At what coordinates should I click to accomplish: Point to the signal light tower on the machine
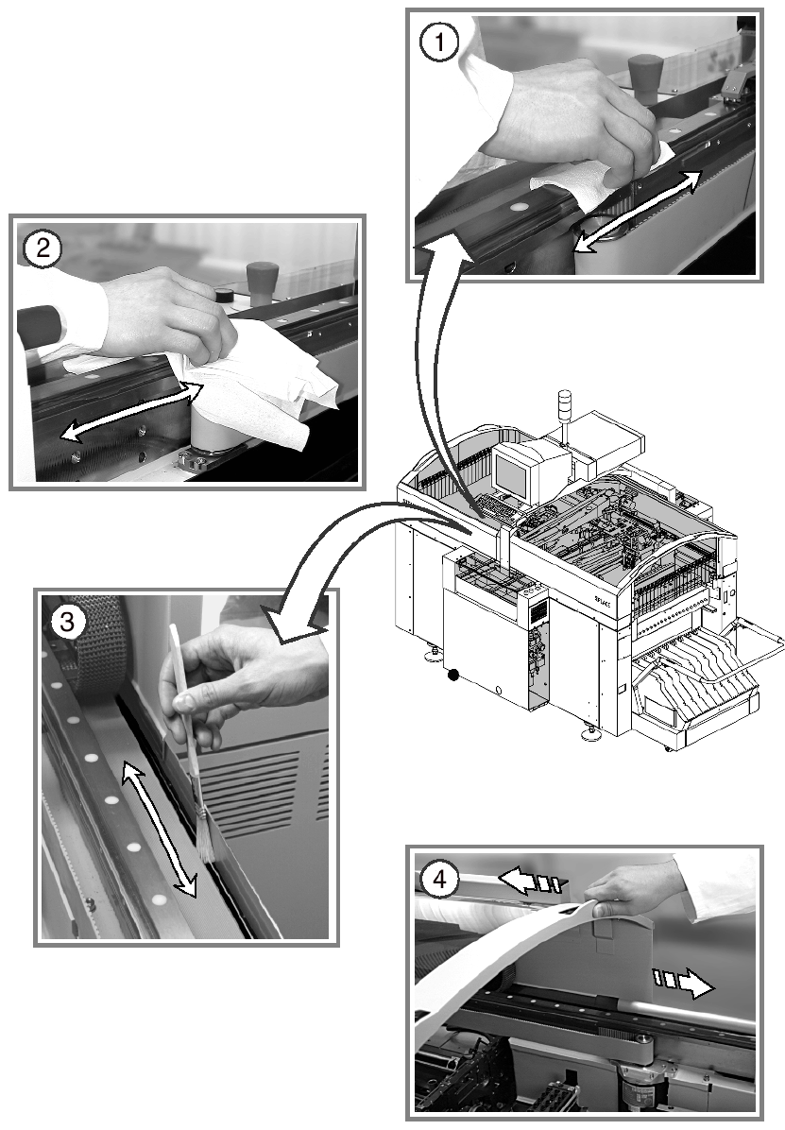566,406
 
